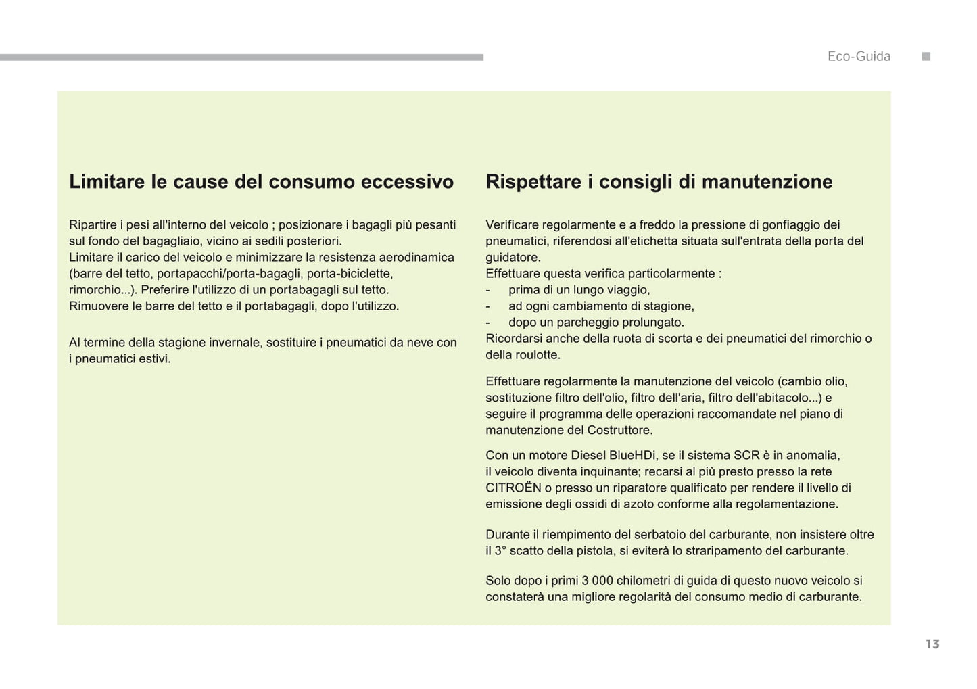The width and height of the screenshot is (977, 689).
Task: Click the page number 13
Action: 932,644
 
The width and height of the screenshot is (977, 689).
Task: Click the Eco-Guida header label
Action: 859,57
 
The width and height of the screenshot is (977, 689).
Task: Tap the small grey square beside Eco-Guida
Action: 926,57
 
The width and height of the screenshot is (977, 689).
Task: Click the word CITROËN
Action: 513,488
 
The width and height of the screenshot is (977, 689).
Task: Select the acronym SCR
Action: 746,456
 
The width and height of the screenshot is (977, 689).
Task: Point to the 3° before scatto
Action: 500,551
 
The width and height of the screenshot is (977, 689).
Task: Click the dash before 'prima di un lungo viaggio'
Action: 487,290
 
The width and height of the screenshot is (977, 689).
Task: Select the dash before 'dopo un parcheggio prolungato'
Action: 487,323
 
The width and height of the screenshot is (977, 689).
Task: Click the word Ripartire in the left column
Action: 93,225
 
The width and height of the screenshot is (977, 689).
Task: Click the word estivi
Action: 154,359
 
